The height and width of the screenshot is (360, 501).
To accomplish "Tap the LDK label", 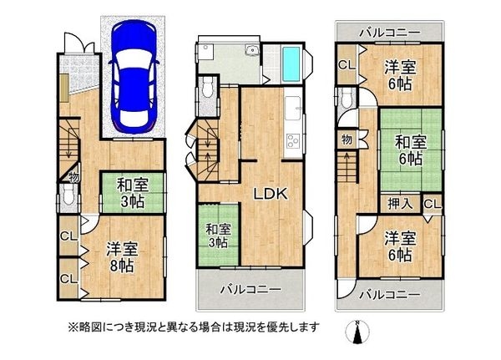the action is pos(271,194).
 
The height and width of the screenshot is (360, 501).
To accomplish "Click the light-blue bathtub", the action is pos(291,64).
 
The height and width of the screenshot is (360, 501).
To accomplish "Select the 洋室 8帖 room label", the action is pos(122,257).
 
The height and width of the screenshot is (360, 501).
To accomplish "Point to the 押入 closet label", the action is pos(400,204).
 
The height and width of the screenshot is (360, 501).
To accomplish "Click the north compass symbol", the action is pos(358,332).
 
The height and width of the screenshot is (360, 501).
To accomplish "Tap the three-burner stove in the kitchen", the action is pos(292,141).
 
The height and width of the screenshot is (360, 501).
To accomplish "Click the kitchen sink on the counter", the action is pos(292,108).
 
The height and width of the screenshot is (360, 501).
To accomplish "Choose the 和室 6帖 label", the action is pos(411,150).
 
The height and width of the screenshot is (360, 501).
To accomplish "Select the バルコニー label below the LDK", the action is pos(250,290).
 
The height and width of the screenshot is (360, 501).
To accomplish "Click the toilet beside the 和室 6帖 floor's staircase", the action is pos(346,99).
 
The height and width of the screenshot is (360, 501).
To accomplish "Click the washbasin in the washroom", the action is pos(252,50).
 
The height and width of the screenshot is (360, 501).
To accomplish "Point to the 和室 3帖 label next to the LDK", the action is pos(218,236).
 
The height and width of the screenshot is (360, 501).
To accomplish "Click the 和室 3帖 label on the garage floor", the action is pos(132,193).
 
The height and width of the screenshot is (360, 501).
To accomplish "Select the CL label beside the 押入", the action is pos(433,204).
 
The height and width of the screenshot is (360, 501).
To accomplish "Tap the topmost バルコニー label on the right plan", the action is pos(389,33).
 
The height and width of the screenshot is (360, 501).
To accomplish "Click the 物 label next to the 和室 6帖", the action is pos(347,139).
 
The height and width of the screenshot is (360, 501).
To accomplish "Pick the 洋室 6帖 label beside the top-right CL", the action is pos(400,75).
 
